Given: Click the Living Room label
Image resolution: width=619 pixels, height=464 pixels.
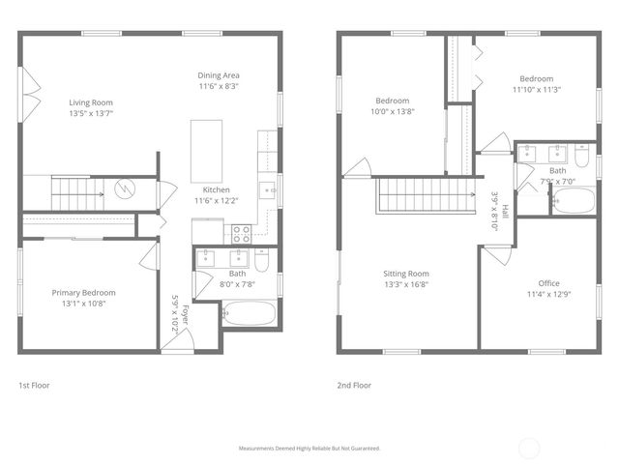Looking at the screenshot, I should (92, 101).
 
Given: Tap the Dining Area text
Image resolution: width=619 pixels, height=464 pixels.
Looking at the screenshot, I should (219, 75).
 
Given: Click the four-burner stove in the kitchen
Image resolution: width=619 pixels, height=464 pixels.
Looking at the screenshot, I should (241, 233).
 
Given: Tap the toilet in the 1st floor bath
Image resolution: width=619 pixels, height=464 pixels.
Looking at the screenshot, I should (262, 258).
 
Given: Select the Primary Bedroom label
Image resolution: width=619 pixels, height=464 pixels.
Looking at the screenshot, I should (83, 293).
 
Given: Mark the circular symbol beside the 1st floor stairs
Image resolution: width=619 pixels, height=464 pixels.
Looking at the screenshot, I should (124, 188).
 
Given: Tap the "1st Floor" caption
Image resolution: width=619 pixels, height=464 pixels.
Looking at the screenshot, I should (34, 385).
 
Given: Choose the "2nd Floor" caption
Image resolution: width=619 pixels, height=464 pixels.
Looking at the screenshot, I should (354, 385).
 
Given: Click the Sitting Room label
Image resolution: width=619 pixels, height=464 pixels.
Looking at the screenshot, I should (406, 274).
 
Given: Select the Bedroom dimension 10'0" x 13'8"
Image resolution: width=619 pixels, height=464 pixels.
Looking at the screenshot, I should (393, 111).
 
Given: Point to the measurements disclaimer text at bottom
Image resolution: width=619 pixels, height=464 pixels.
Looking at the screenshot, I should (309, 449).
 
